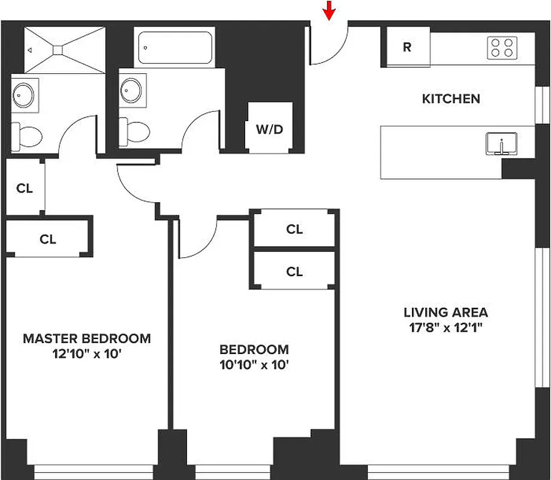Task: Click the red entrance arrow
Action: tap(328, 10)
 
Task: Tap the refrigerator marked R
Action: tap(407, 47)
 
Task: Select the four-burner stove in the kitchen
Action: tap(502, 48)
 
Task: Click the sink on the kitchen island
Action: tap(499, 144)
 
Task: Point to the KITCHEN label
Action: tap(451, 99)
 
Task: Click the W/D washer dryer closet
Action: tap(270, 128)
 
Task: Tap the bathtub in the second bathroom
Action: tap(173, 48)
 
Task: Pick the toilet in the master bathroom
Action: tap(26, 136)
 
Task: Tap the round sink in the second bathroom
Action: tap(131, 91)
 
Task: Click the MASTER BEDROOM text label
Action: tap(87, 338)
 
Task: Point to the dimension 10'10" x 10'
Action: tap(254, 364)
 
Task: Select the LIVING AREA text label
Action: tap(445, 313)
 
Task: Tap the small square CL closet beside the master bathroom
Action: tap(25, 188)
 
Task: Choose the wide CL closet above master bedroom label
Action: tap(48, 239)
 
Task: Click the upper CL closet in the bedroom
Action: tap(294, 229)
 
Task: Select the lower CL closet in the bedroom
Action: tap(294, 272)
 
